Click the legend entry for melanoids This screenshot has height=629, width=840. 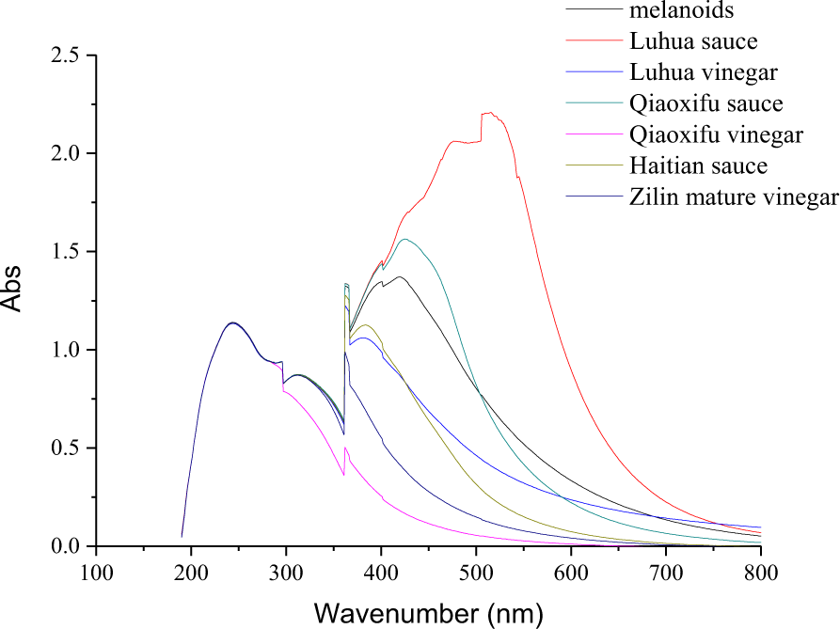coord(682,11)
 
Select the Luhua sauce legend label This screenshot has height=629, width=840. coord(693,41)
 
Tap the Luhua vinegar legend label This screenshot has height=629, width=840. coord(703,72)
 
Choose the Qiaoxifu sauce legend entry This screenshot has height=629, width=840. coord(706,103)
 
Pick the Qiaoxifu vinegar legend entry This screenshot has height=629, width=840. coord(716,134)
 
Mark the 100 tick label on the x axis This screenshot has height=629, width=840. coord(96,571)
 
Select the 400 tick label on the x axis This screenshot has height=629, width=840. coord(381,571)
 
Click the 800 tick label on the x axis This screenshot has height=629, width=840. coord(760,571)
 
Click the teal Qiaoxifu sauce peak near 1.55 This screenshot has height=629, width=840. coord(405,239)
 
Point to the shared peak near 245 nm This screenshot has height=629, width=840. coord(232,322)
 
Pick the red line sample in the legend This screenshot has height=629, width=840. coord(594,41)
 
